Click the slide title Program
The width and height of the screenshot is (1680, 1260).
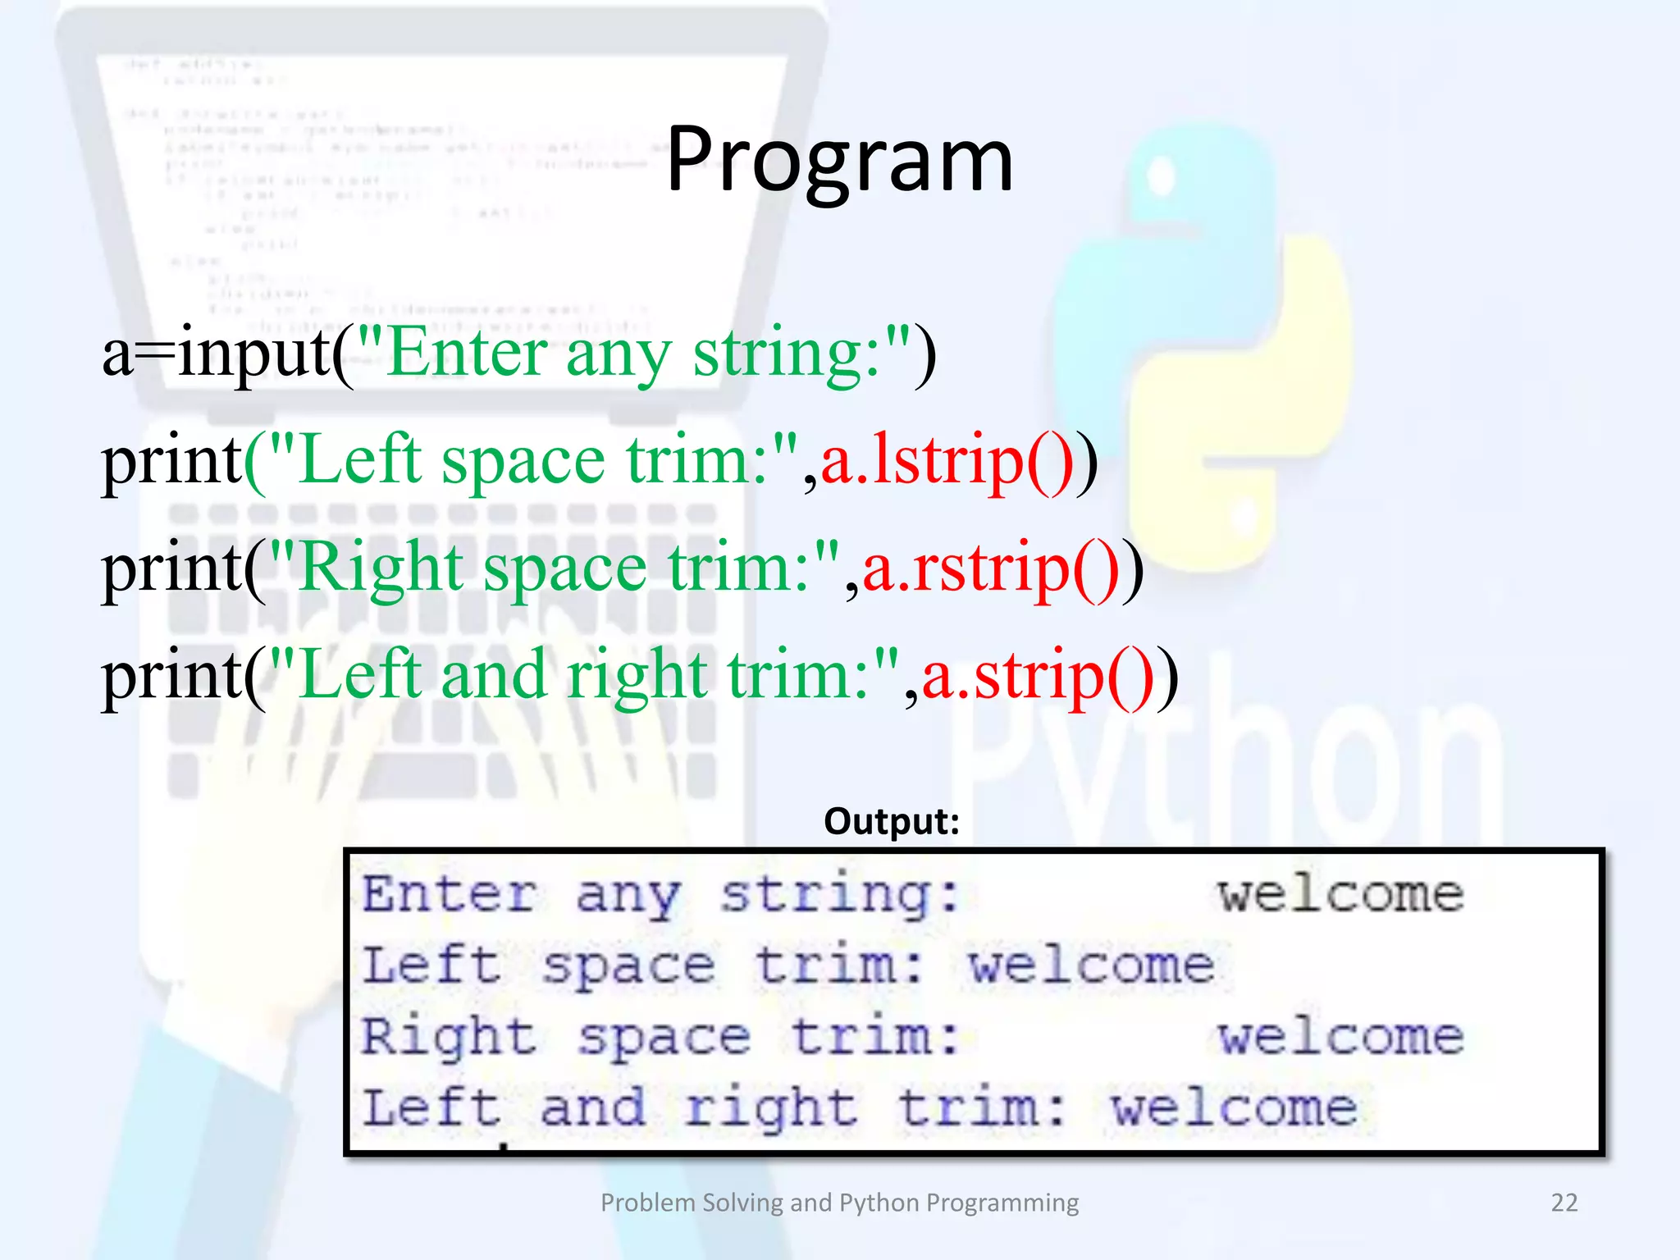pyautogui.click(x=839, y=160)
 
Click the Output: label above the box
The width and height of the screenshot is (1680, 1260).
pyautogui.click(x=892, y=821)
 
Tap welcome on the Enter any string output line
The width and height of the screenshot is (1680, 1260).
pyautogui.click(x=1340, y=893)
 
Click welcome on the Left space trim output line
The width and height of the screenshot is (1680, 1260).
pyautogui.click(x=1092, y=965)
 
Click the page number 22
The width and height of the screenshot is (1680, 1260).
pyautogui.click(x=1564, y=1203)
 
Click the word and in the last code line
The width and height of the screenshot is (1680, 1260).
pyautogui.click(x=493, y=676)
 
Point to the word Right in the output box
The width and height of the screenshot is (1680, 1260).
pyautogui.click(x=449, y=1038)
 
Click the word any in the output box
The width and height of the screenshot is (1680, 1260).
pyautogui.click(x=628, y=895)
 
